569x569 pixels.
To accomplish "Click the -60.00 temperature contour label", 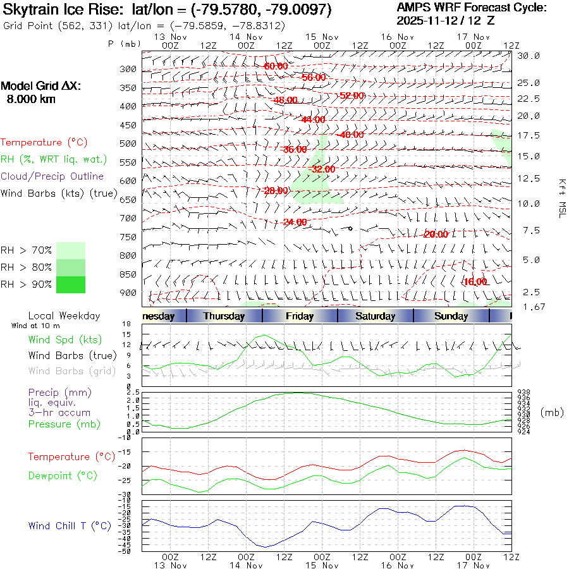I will point(276,66).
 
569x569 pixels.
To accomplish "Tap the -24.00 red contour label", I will point(295,222).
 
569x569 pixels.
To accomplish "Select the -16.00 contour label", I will point(475,281).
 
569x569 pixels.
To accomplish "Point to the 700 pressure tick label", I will point(128,218).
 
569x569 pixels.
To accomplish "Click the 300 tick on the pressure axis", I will point(128,69).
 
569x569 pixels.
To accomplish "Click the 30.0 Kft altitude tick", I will point(529,56).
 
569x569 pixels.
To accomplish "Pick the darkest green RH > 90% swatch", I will point(71,284).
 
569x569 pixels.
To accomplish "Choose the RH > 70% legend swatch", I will point(71,250).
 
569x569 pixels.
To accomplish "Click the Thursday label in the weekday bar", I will point(224,316).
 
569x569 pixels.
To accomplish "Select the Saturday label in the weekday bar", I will point(375,316).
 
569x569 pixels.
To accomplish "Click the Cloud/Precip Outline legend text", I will point(52,176).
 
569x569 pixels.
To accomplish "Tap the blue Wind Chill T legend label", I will point(70,525).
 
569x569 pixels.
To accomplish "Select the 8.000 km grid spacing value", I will point(31,99).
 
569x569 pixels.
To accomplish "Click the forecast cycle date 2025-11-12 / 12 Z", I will point(446,21).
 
